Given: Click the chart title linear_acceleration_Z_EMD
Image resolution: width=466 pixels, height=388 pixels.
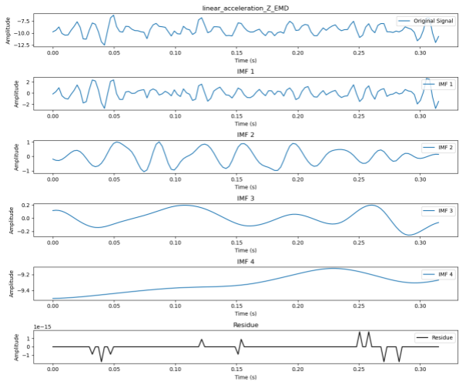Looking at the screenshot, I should coord(240,8).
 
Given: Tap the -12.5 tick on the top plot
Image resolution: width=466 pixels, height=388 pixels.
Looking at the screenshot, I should coord(22,45).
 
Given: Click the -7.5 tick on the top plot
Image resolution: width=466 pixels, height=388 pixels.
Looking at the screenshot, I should coord(24,21).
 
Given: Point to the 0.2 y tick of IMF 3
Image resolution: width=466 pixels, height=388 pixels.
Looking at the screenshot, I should coord(26,205).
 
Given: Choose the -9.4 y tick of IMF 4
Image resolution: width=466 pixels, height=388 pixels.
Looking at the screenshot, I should coord(24,290).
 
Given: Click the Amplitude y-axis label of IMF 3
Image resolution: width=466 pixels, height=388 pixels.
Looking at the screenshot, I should coord(10,218).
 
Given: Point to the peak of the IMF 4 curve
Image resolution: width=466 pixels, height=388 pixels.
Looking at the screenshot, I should coord(332,268).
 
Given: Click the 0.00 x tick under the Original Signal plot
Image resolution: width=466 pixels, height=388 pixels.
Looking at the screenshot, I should coord(52,52).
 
